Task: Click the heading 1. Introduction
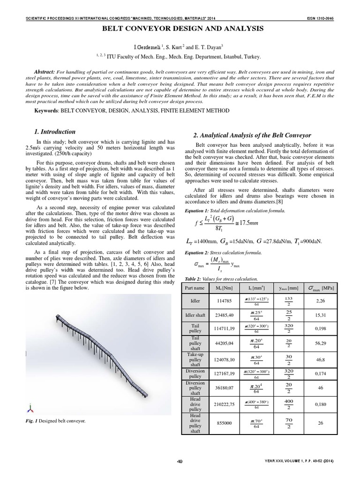click(56, 132)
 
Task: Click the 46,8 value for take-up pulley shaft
click(321, 360)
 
